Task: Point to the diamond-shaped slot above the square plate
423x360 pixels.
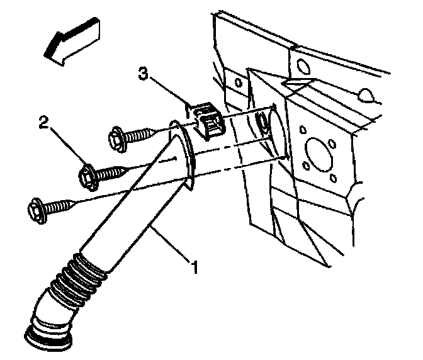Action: [295, 82]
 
